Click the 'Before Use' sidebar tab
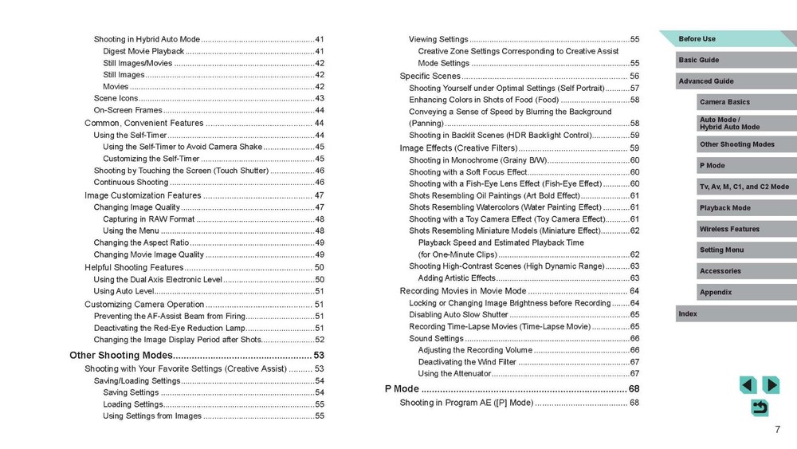[x=697, y=39]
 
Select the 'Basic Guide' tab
[x=699, y=60]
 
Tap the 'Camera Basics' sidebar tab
[x=724, y=102]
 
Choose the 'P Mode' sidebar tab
[x=713, y=165]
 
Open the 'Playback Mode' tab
[x=724, y=208]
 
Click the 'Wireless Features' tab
[x=729, y=229]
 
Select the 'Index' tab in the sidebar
[x=688, y=314]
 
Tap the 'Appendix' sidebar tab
[x=716, y=293]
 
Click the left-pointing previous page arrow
[x=748, y=385]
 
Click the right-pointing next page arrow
[x=770, y=385]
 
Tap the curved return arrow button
[x=760, y=408]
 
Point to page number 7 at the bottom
[x=776, y=430]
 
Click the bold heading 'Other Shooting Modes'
[x=120, y=355]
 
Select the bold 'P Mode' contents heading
[x=402, y=388]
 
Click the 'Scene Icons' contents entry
[x=116, y=98]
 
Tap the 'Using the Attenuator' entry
[x=453, y=373]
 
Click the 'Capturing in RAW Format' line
[x=148, y=219]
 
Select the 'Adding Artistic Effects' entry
[x=457, y=278]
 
